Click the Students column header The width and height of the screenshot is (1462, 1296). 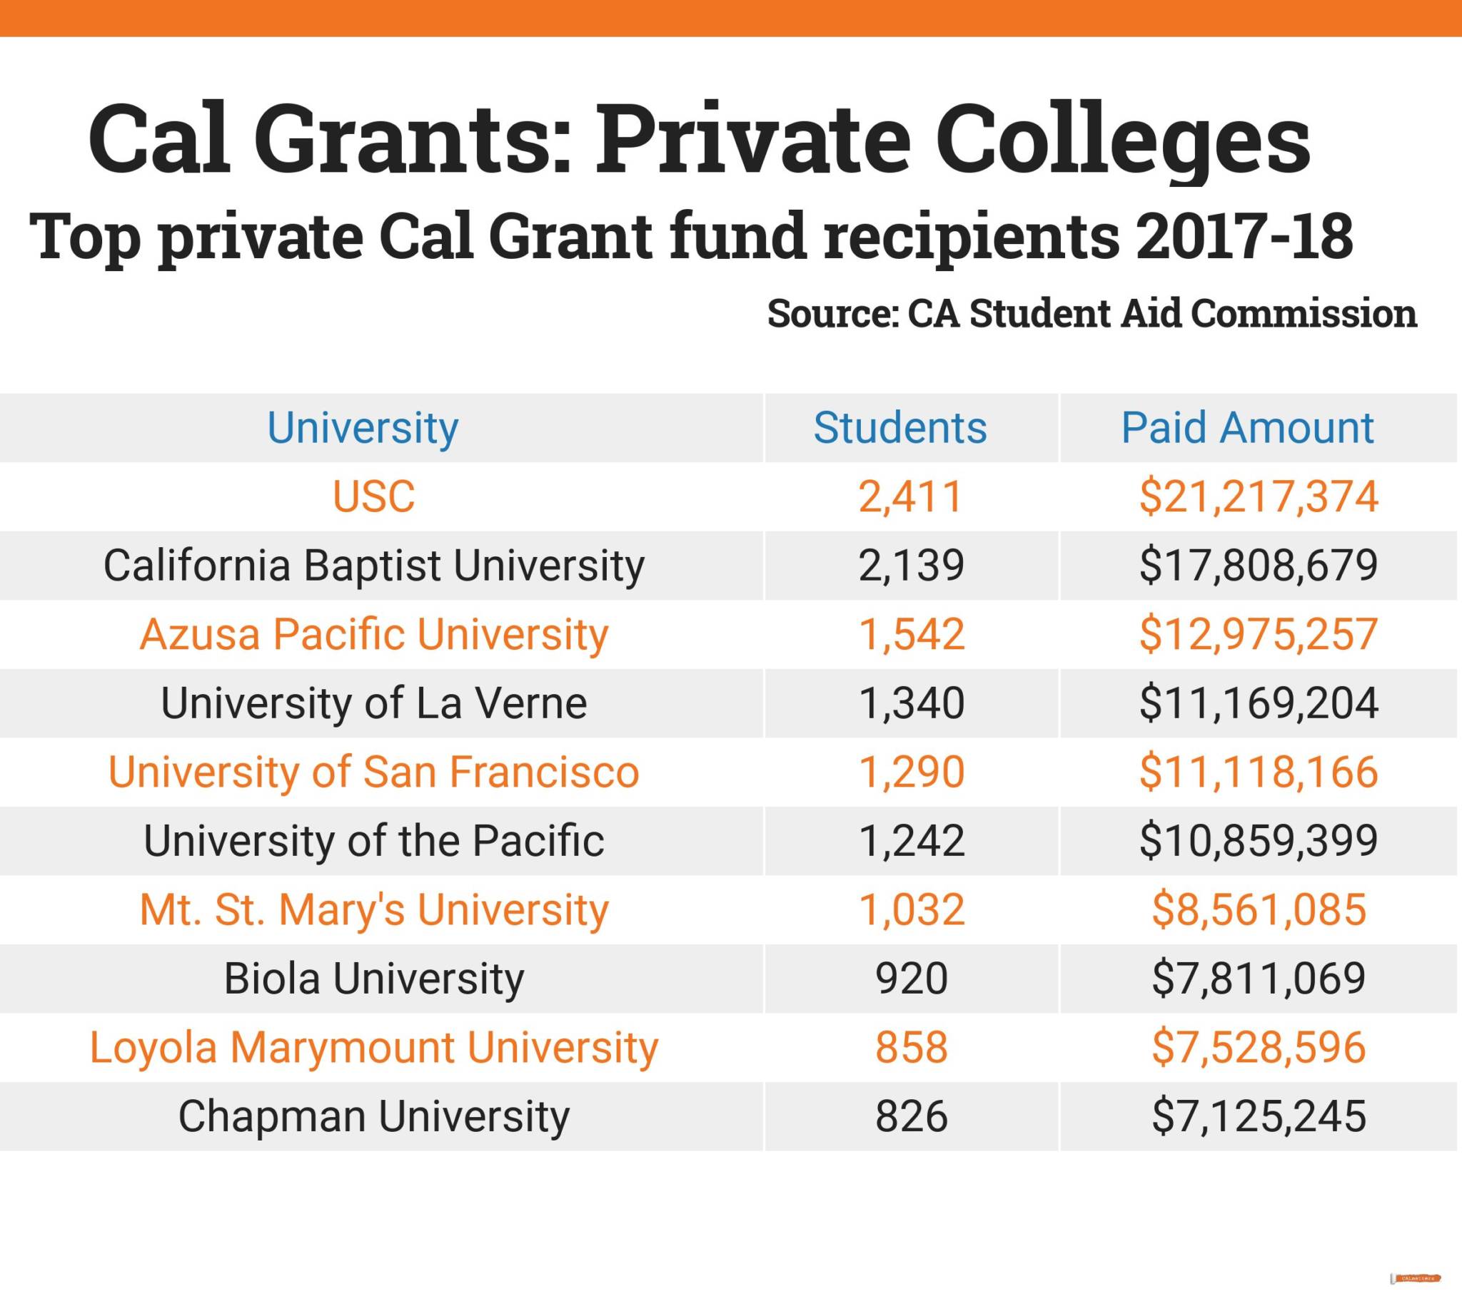click(x=899, y=427)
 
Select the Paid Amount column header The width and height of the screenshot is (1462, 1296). click(x=1246, y=427)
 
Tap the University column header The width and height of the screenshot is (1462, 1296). click(x=363, y=427)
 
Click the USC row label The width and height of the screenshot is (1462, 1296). click(x=373, y=496)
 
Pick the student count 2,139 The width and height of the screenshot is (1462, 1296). click(x=910, y=565)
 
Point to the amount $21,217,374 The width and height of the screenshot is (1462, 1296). click(x=1258, y=496)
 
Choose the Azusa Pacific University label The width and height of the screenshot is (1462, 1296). click(x=373, y=634)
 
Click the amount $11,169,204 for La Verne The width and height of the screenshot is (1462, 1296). click(x=1258, y=703)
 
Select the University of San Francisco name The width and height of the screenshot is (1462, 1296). click(x=373, y=772)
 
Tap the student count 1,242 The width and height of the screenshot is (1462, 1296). click(x=910, y=841)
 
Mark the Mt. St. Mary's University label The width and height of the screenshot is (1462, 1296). click(x=373, y=910)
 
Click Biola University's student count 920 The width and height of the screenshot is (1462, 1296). click(x=910, y=979)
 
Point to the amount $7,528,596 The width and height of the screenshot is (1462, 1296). click(x=1258, y=1047)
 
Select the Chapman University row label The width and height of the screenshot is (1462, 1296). click(x=373, y=1116)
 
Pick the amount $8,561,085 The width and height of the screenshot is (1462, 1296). click(x=1258, y=910)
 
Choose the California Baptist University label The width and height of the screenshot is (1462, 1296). click(x=373, y=565)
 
